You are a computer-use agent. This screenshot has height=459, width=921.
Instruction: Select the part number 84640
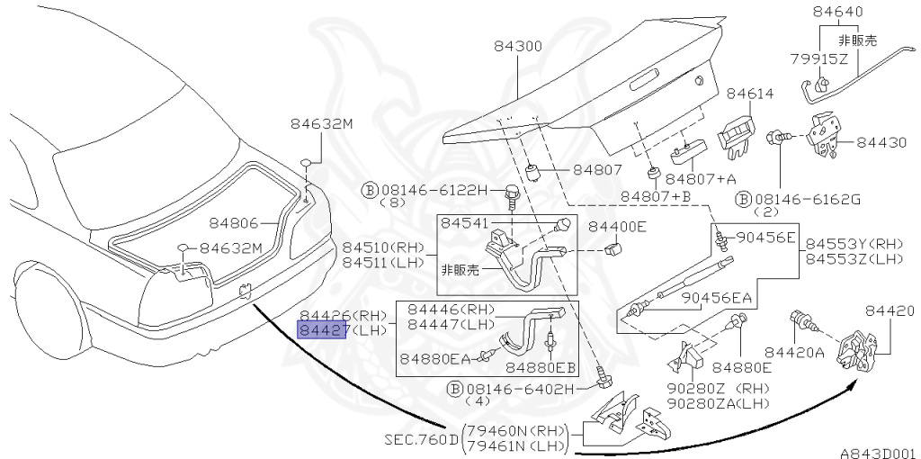tap(837, 13)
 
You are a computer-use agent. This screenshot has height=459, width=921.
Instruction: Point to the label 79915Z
tap(819, 59)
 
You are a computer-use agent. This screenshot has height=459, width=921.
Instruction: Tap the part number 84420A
tap(794, 352)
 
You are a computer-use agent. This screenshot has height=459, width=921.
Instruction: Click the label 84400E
tap(617, 227)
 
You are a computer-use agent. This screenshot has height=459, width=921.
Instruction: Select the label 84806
tap(234, 221)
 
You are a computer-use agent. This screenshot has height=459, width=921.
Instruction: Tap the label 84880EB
tap(540, 367)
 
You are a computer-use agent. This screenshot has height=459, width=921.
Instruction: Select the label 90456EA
tap(716, 298)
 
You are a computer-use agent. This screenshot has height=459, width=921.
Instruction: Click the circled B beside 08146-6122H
tap(369, 190)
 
